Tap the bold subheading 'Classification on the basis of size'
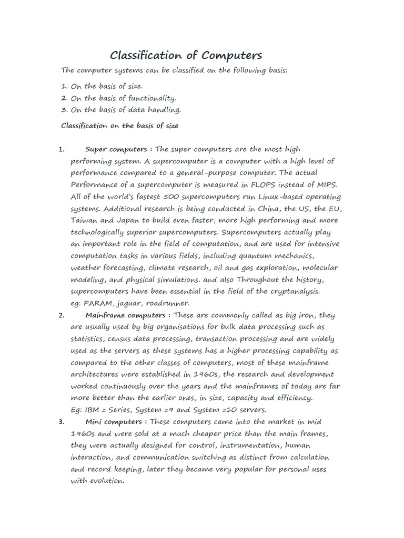[x=120, y=126]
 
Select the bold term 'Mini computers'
[x=114, y=422]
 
